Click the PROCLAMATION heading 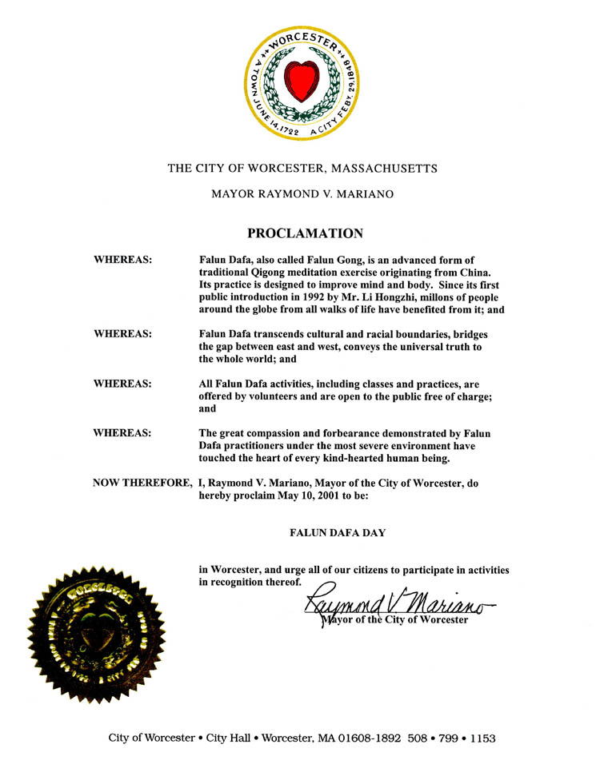coord(305,233)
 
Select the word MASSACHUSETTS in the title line coord(385,169)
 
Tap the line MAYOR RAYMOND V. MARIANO coord(302,194)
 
